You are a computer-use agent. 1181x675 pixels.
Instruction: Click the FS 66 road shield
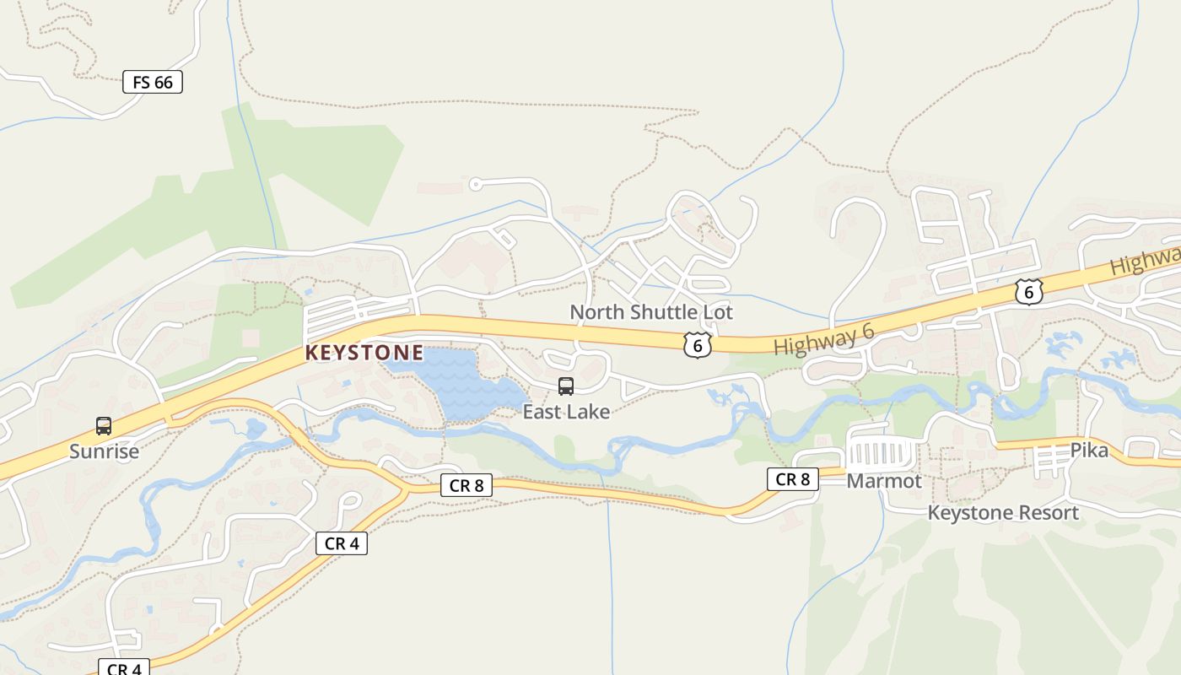[x=153, y=82]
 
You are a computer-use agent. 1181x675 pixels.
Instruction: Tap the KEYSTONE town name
[x=364, y=353]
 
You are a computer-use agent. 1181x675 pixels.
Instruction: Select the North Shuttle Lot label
[x=651, y=312]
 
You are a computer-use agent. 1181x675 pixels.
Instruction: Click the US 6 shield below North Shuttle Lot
[x=698, y=344]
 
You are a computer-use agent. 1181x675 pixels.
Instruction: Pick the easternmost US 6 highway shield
[x=1029, y=292]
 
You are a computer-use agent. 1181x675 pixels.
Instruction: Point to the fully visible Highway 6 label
[x=823, y=339]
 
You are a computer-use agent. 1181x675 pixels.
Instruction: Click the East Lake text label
[x=566, y=412]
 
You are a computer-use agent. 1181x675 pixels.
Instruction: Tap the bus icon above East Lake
[x=566, y=386]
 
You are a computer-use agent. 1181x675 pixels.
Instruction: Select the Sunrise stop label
[x=104, y=451]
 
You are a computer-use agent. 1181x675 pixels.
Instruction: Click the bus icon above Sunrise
[x=104, y=426]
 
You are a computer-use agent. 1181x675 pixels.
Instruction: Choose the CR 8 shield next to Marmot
[x=793, y=479]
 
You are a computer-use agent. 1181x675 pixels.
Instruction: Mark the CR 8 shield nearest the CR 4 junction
[x=466, y=485]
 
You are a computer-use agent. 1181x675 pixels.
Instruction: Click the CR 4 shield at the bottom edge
[x=124, y=668]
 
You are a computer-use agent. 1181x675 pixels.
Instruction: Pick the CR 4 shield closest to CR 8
[x=342, y=543]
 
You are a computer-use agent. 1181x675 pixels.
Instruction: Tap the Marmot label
[x=884, y=481]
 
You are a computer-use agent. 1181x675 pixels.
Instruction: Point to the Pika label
[x=1089, y=451]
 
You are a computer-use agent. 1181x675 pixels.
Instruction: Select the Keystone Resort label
[x=1003, y=513]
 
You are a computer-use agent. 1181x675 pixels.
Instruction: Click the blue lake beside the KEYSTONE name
[x=460, y=384]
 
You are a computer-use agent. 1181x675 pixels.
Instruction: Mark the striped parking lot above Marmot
[x=880, y=453]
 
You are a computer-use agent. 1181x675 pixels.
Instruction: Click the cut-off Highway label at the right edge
[x=1146, y=259]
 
